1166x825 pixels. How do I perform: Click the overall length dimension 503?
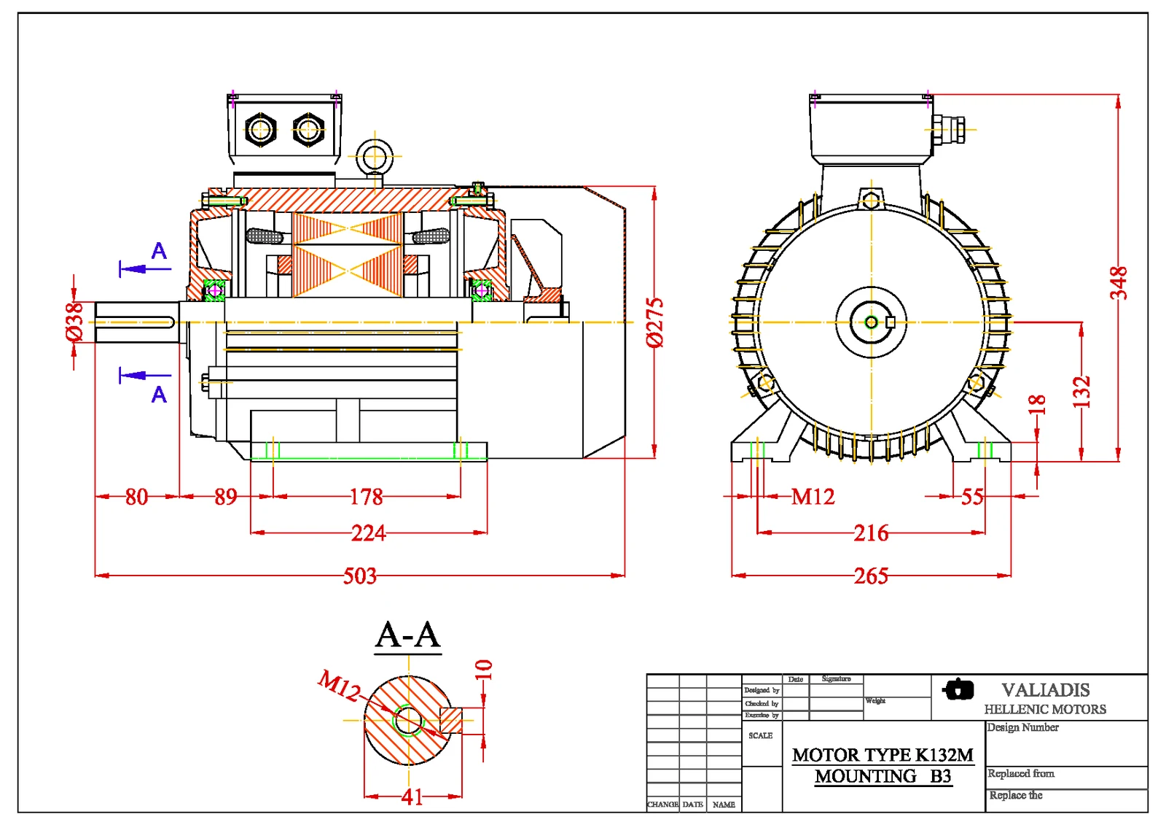pos(360,576)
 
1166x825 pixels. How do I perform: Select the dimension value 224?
pos(368,533)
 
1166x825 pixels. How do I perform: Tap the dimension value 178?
pos(366,497)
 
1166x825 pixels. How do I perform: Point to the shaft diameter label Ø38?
pos(74,322)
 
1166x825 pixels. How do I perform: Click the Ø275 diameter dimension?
pos(655,322)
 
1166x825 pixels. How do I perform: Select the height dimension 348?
pos(1119,283)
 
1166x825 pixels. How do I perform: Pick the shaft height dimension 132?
pos(1081,392)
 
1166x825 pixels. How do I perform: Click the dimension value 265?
pos(871,576)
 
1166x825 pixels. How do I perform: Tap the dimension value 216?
pos(871,533)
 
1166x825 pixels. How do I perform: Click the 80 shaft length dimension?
pos(136,497)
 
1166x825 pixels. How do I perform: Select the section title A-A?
pos(408,635)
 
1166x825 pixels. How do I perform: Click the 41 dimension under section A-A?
pos(412,797)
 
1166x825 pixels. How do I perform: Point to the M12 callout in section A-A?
pos(339,686)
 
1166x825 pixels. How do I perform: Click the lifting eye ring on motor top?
pos(375,156)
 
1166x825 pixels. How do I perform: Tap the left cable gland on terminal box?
pos(260,131)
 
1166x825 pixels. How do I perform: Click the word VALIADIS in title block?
pos(1045,689)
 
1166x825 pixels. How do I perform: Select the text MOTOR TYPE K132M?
pos(883,755)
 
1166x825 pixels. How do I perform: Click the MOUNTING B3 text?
pos(883,776)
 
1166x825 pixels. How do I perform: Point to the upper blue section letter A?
pos(159,251)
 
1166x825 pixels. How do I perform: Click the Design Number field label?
pos(1022,727)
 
